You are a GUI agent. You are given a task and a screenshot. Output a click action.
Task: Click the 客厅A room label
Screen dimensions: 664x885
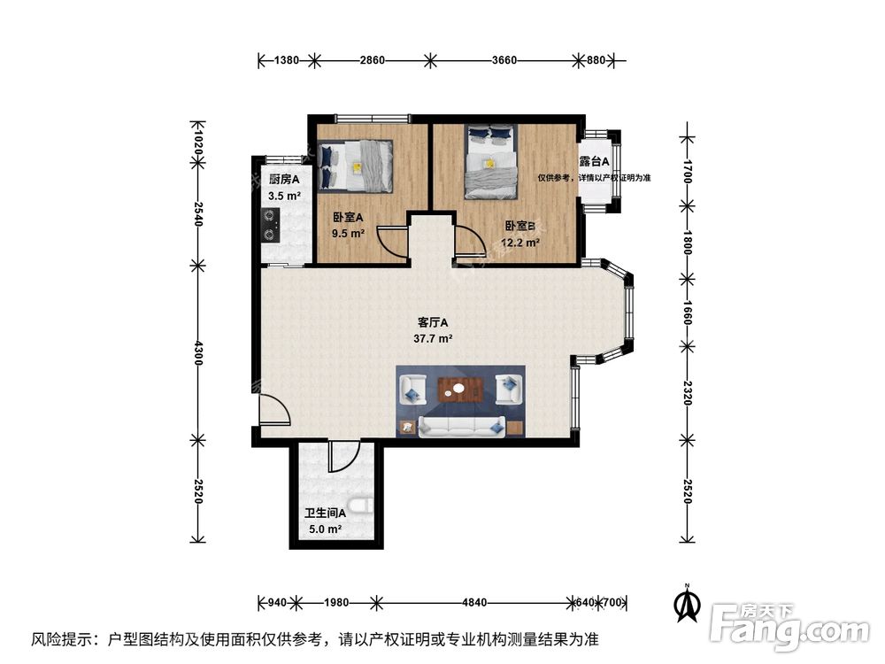pyautogui.click(x=435, y=322)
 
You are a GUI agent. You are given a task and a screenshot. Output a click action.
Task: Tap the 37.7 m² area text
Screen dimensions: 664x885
pyautogui.click(x=435, y=338)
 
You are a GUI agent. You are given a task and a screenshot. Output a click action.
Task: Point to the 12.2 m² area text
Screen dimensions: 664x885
pyautogui.click(x=522, y=243)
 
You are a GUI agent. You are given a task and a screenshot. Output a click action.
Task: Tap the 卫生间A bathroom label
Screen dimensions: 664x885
pyautogui.click(x=325, y=513)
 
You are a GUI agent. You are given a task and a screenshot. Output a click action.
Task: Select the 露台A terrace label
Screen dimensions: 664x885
pyautogui.click(x=594, y=162)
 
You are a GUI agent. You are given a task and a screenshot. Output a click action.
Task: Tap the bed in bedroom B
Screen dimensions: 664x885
pyautogui.click(x=492, y=160)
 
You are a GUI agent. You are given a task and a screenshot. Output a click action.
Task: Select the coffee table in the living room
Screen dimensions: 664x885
pyautogui.click(x=460, y=389)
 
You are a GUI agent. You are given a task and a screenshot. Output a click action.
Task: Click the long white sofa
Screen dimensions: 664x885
pyautogui.click(x=461, y=426)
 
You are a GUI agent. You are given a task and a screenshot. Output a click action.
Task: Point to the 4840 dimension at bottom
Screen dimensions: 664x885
pyautogui.click(x=474, y=603)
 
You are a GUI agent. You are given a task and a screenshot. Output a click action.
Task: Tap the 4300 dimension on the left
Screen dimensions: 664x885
pyautogui.click(x=198, y=351)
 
